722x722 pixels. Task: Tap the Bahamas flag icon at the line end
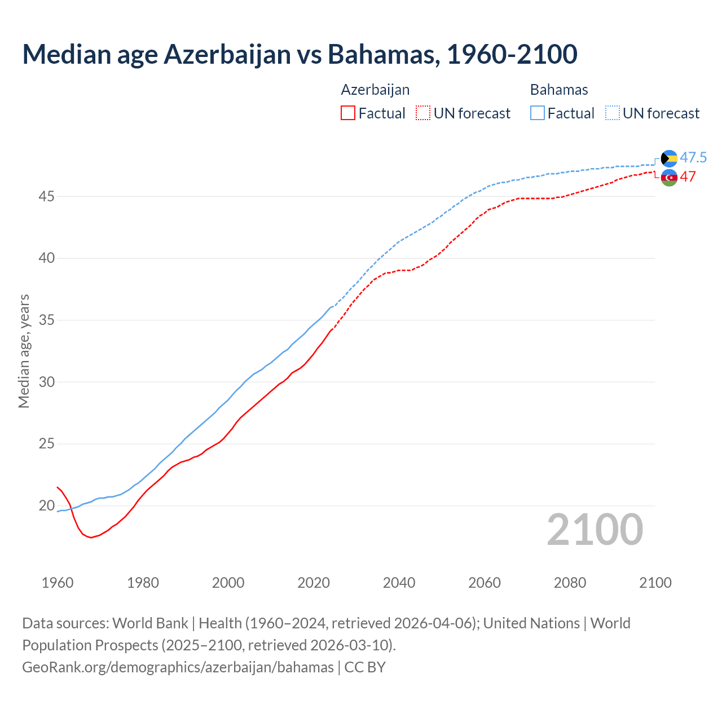click(669, 159)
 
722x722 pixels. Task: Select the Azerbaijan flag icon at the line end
click(669, 177)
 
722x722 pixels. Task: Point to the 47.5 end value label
click(693, 157)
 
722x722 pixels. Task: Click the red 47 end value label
click(688, 177)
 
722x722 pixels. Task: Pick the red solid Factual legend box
click(348, 113)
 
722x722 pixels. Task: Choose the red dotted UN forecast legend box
click(423, 113)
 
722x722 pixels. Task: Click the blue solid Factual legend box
click(538, 113)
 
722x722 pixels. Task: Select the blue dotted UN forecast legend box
click(613, 113)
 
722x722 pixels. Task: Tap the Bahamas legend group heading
click(559, 90)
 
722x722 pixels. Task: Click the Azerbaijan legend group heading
click(375, 90)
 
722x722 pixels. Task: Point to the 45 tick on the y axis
click(46, 196)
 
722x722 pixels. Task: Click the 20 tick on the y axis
click(46, 505)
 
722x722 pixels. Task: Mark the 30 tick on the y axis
click(46, 382)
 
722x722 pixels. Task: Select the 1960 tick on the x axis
click(58, 583)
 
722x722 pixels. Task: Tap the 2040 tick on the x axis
click(399, 583)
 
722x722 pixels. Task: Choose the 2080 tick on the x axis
click(570, 583)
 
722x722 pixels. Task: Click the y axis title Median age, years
click(24, 351)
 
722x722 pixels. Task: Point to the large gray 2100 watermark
click(595, 529)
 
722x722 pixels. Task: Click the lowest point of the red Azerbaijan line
click(91, 538)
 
